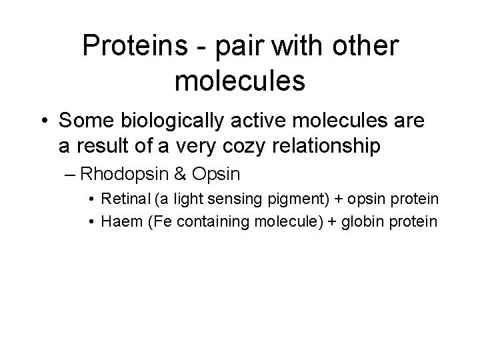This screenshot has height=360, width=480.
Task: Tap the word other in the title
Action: click(361, 47)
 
